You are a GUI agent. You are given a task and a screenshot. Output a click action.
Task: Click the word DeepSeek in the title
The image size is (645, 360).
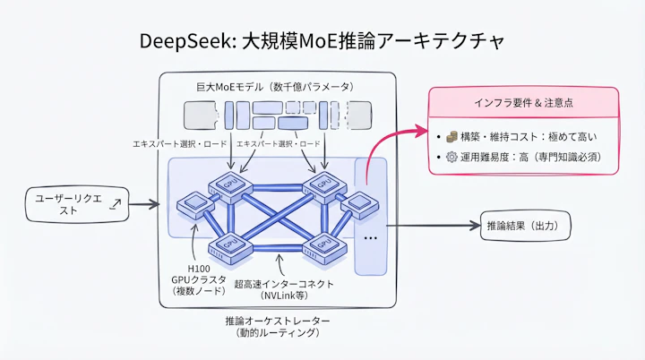184,41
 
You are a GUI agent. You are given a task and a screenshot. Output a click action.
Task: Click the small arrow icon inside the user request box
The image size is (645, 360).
114,205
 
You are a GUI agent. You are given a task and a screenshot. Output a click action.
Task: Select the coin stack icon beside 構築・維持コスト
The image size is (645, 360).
452,137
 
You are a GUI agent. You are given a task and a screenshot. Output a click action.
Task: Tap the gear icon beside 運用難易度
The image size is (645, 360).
452,157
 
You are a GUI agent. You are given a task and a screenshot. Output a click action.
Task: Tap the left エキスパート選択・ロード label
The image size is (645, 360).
180,143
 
